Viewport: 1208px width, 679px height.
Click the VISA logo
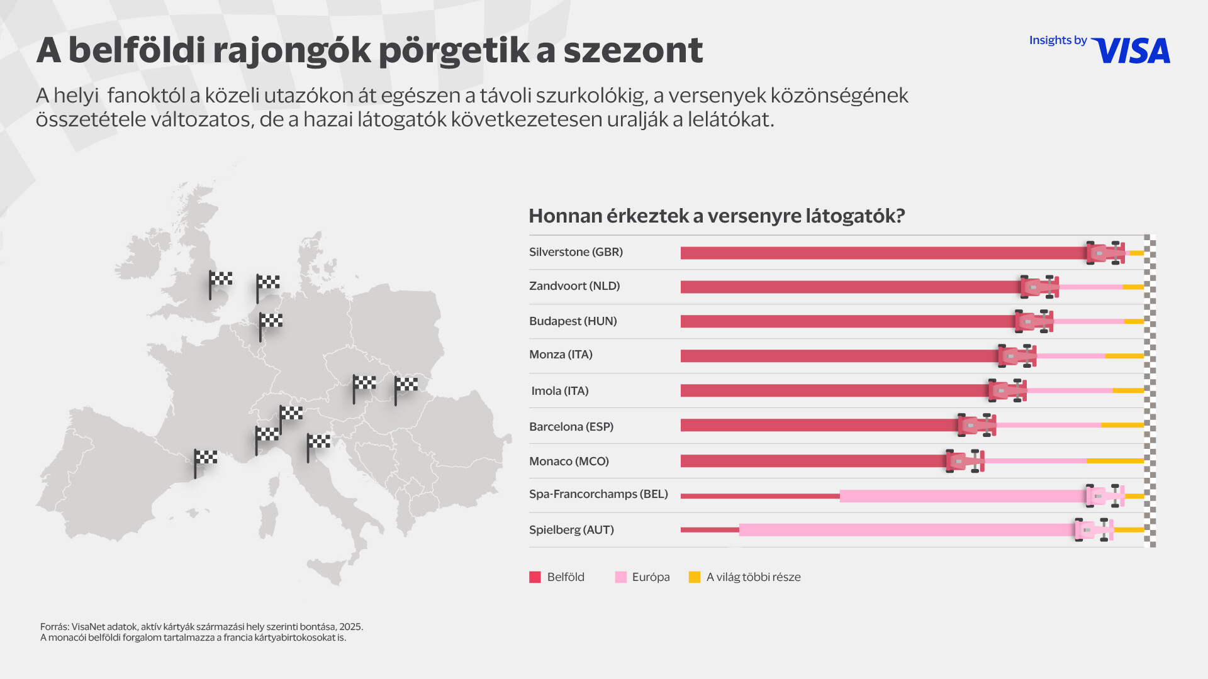(1131, 51)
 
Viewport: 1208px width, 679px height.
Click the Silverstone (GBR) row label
(576, 252)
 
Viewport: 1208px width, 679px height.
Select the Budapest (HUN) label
(573, 321)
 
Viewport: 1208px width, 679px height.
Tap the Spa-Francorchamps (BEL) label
(598, 494)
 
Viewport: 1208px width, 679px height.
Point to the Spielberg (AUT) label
(571, 530)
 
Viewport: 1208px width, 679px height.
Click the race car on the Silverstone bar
(1105, 253)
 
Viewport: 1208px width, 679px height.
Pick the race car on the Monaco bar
(965, 461)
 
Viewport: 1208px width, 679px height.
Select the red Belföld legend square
(535, 577)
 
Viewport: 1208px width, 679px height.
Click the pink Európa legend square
(621, 577)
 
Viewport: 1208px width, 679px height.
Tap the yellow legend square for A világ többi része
(695, 577)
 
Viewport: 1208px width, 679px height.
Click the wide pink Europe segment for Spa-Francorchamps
(963, 496)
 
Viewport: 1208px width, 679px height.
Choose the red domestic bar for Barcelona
(818, 426)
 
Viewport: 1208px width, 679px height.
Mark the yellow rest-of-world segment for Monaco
(1115, 461)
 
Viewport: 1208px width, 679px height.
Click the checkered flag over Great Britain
(220, 280)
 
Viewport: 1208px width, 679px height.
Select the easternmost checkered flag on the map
(405, 385)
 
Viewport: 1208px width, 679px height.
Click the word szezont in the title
(632, 50)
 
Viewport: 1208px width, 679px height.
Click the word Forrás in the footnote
(54, 627)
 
